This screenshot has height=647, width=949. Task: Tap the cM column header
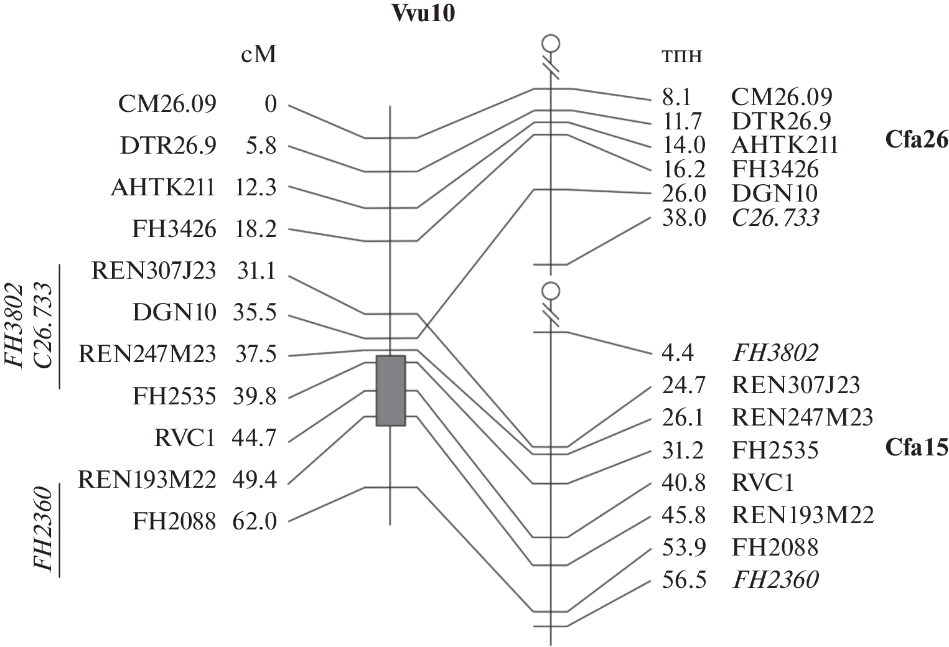(258, 55)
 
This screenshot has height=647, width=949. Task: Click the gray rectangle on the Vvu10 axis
(391, 391)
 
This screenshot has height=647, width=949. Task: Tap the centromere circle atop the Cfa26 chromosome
(551, 44)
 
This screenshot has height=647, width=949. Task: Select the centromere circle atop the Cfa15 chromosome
(551, 291)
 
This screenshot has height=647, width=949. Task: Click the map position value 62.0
(254, 521)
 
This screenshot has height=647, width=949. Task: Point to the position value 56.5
(683, 580)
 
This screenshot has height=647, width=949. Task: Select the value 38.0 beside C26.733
(683, 218)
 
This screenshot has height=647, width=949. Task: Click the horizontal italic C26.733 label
(775, 218)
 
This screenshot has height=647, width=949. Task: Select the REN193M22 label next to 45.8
(803, 515)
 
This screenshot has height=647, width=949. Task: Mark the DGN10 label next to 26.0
(774, 193)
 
